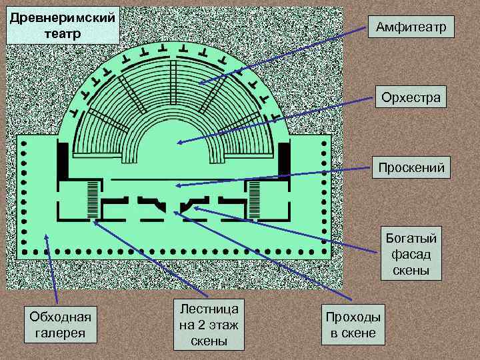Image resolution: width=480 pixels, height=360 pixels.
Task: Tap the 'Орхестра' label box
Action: [411, 97]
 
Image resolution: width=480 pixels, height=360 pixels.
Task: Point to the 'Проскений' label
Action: [411, 167]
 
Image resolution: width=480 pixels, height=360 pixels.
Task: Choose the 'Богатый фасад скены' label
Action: [411, 254]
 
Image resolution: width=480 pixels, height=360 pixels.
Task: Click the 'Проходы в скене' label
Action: [353, 325]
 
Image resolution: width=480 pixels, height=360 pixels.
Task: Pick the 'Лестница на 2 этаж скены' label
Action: [209, 324]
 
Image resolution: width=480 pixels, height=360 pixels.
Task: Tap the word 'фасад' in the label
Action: [411, 254]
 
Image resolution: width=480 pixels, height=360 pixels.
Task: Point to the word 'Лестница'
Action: [209, 309]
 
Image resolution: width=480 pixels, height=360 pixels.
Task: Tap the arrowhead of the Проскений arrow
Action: [177, 185]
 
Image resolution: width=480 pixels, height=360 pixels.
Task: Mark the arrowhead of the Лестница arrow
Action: [96, 221]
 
